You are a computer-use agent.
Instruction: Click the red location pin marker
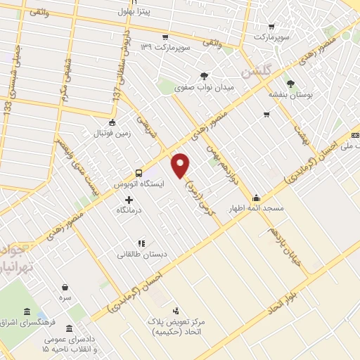[x=181, y=165]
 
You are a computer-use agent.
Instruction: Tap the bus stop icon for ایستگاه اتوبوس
[x=139, y=172]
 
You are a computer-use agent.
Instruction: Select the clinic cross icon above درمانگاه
[x=128, y=200]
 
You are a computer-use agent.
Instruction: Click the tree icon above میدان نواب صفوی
[x=204, y=75]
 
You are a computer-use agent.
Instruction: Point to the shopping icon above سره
[x=65, y=287]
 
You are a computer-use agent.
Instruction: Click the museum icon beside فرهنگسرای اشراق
[x=27, y=311]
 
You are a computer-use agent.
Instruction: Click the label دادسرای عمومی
[x=67, y=338]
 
